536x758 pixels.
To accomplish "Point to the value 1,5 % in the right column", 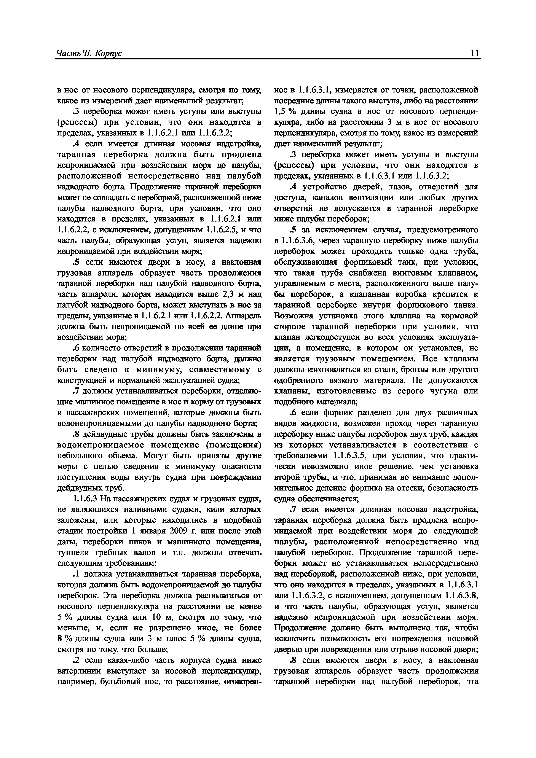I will tap(286, 111).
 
